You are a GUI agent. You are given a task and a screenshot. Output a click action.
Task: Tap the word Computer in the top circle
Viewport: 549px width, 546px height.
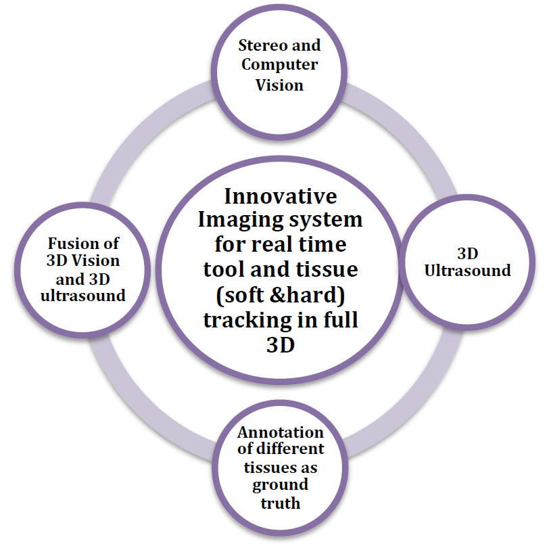[x=280, y=65]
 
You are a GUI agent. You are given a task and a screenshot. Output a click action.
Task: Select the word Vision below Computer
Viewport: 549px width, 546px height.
[x=280, y=85]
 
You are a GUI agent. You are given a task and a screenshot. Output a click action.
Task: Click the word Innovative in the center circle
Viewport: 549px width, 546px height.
[x=280, y=198]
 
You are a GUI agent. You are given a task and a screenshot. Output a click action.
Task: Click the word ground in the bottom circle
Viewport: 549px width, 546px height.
[x=280, y=485]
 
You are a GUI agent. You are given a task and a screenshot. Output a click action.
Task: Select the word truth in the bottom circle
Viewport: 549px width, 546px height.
[x=280, y=503]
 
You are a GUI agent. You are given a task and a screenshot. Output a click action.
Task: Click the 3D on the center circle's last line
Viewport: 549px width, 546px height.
[x=280, y=346]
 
